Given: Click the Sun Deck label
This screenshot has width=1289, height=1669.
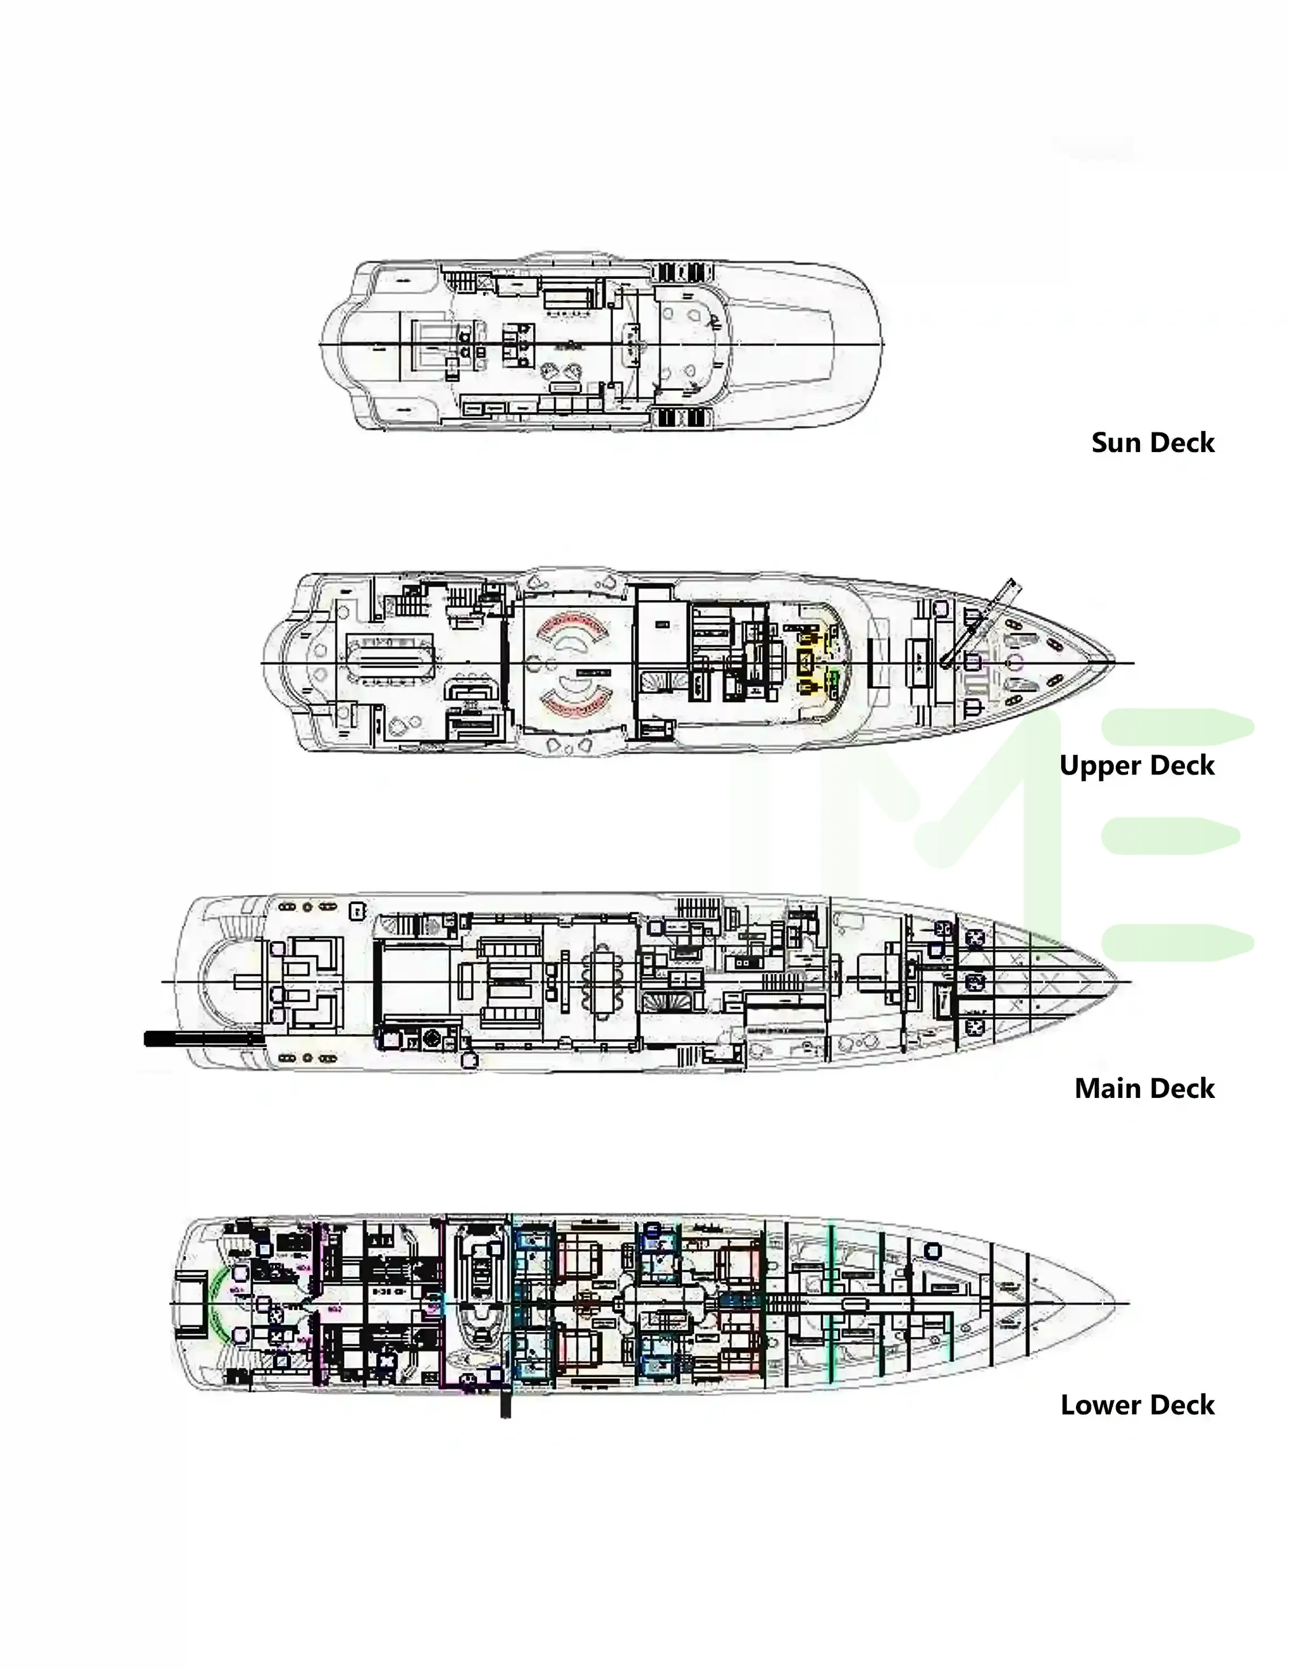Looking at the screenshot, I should pyautogui.click(x=1152, y=442).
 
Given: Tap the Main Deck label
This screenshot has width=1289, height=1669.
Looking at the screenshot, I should pyautogui.click(x=1144, y=1088).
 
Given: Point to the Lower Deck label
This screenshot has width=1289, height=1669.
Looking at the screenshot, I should pyautogui.click(x=1137, y=1404).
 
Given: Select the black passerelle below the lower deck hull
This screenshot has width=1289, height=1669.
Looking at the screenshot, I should pyautogui.click(x=505, y=1400).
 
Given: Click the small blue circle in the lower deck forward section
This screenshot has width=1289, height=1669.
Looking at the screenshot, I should pyautogui.click(x=933, y=1251).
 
